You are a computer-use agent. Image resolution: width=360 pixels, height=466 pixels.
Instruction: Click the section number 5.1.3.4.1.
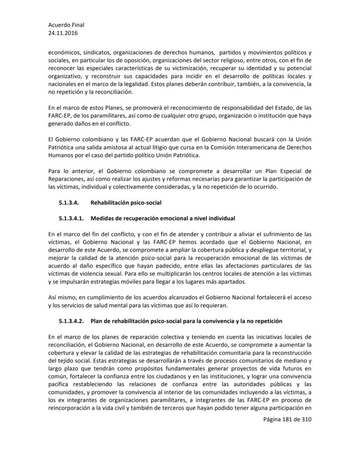click(71, 218)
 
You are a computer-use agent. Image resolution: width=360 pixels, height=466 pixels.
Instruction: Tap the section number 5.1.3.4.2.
click(71, 321)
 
